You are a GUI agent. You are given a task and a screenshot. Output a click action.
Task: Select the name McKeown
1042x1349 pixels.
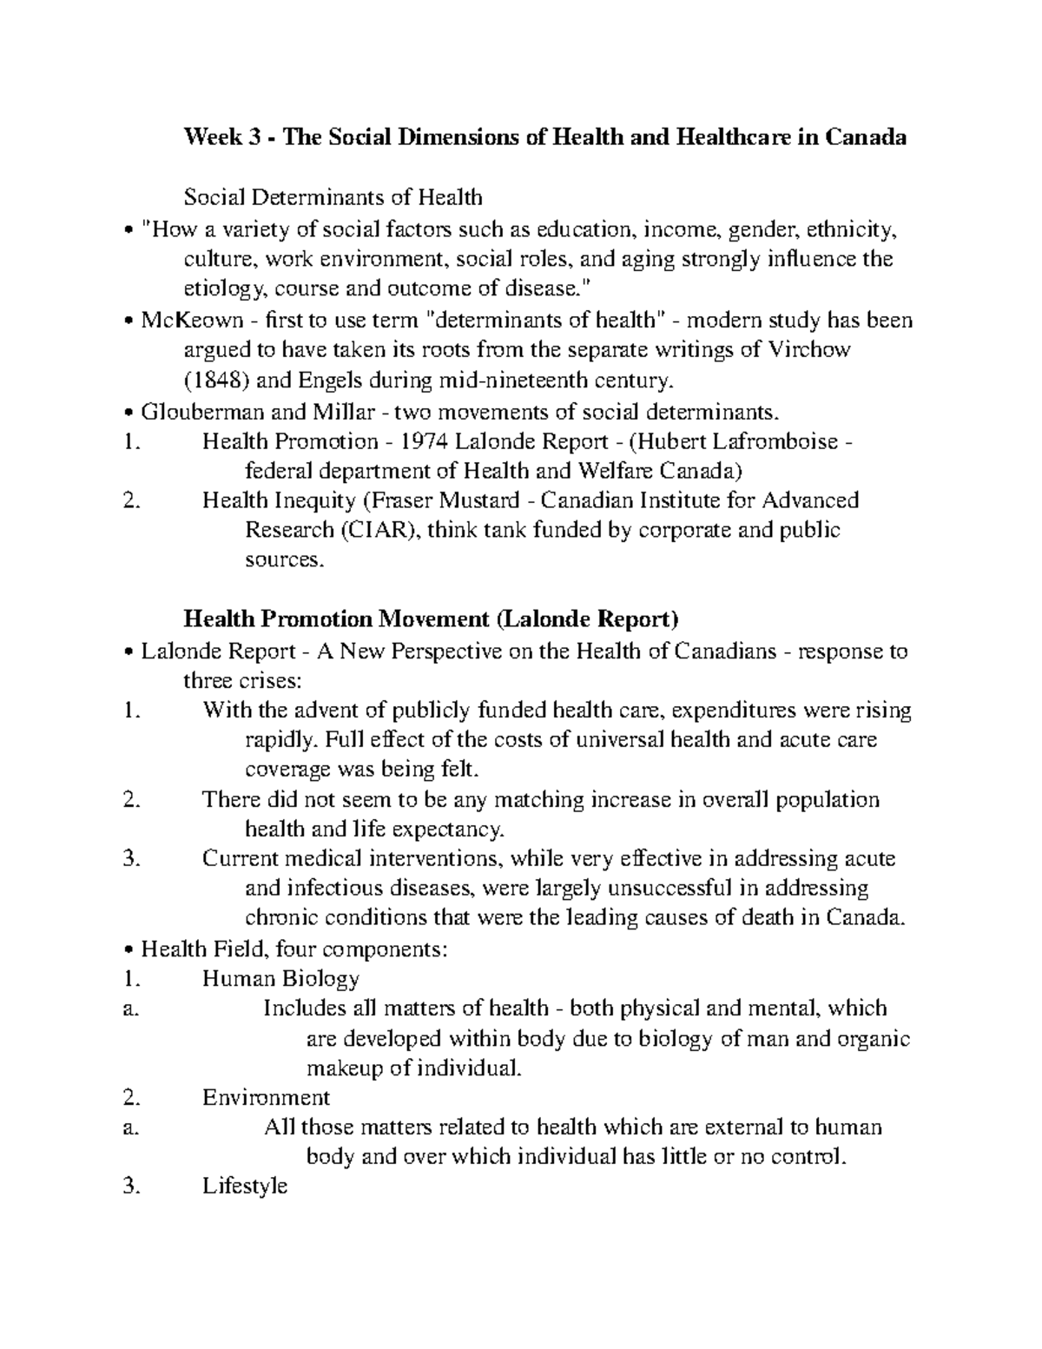click(192, 321)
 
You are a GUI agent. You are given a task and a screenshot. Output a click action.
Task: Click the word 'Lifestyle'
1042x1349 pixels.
click(244, 1186)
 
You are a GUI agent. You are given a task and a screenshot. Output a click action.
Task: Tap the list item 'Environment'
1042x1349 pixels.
click(266, 1097)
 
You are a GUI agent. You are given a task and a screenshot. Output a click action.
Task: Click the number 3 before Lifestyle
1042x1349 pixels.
click(129, 1186)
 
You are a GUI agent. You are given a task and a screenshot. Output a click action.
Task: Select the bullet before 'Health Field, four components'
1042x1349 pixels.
click(129, 949)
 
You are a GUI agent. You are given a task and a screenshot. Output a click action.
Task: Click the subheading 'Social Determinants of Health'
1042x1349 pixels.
click(333, 197)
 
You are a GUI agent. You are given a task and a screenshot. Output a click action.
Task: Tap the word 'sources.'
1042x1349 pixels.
click(284, 560)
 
